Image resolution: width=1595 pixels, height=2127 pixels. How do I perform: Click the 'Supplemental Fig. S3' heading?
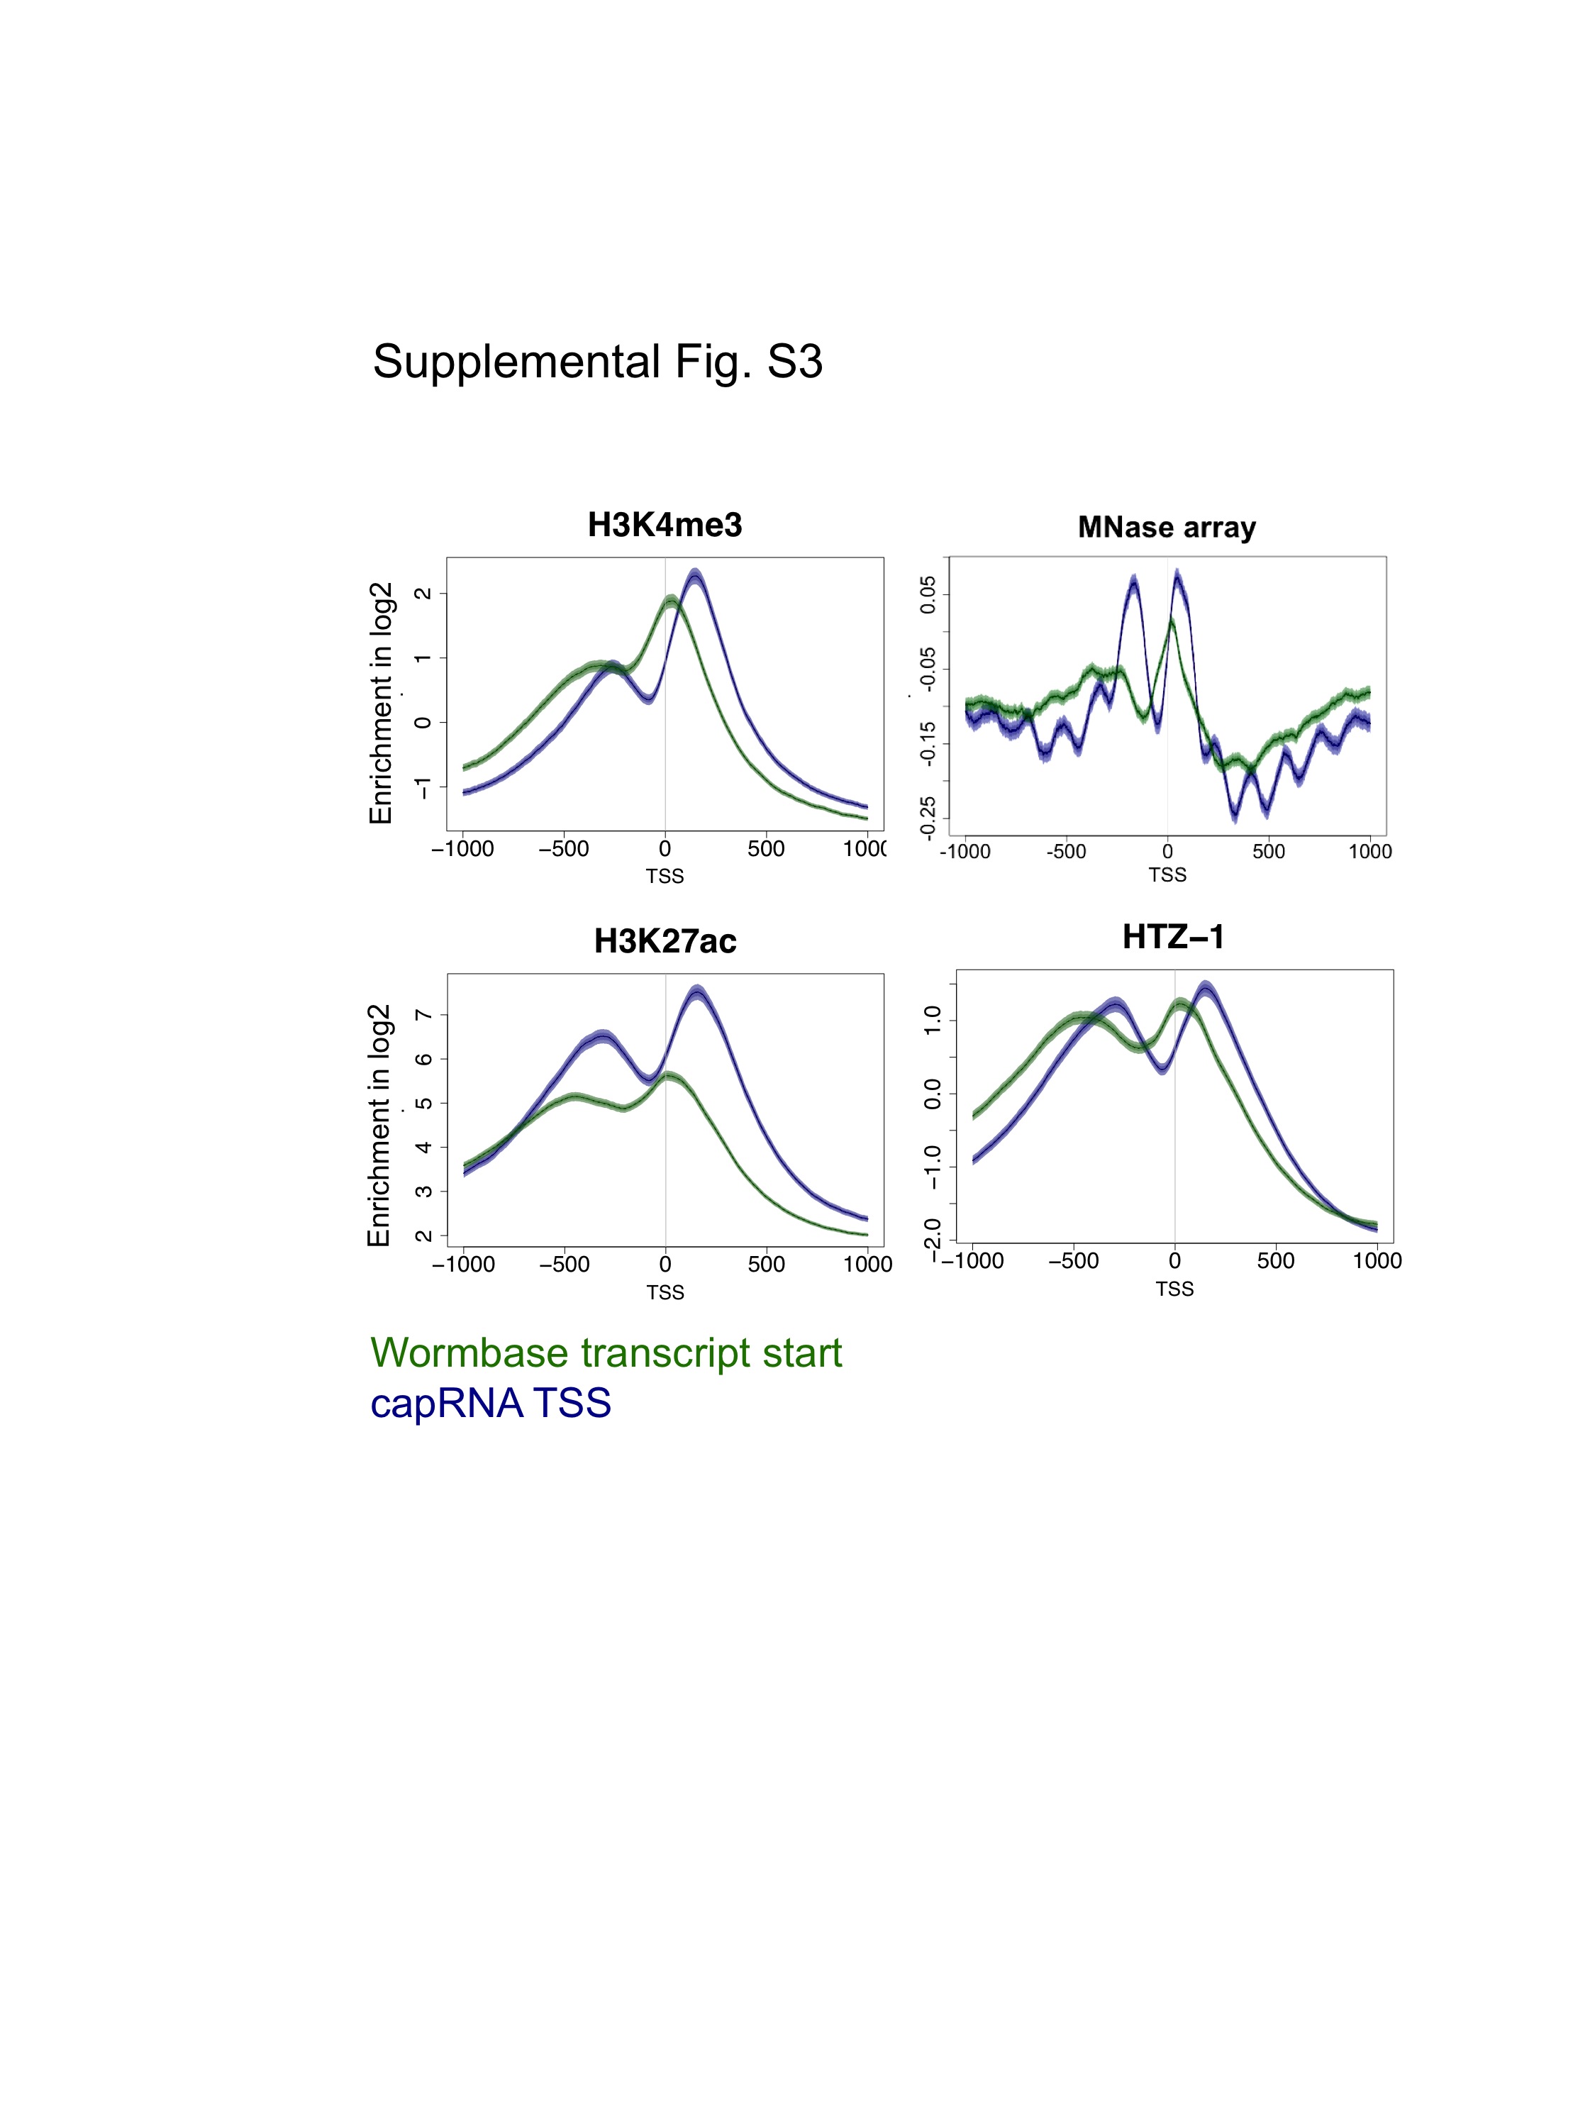pyautogui.click(x=597, y=362)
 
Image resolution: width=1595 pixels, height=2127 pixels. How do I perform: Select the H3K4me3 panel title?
pyautogui.click(x=665, y=525)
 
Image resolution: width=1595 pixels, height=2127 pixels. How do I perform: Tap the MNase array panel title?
pyautogui.click(x=1166, y=527)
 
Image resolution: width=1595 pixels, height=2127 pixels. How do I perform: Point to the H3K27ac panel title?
pyautogui.click(x=665, y=940)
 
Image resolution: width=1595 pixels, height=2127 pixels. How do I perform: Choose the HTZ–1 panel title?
pyautogui.click(x=1173, y=937)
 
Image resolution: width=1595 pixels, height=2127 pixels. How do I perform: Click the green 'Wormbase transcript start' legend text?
pyautogui.click(x=606, y=1353)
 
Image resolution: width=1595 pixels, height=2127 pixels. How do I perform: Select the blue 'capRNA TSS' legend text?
pyautogui.click(x=490, y=1403)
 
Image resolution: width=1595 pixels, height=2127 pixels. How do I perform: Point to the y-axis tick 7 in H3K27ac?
pyautogui.click(x=422, y=1014)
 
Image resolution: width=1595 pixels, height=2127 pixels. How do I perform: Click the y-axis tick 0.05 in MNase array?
pyautogui.click(x=928, y=594)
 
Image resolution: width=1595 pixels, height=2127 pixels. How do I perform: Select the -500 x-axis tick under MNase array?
pyautogui.click(x=1065, y=851)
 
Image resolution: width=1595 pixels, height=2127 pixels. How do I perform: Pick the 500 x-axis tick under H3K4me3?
pyautogui.click(x=765, y=849)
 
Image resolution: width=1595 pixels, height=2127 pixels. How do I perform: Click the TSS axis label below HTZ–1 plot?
pyautogui.click(x=1174, y=1289)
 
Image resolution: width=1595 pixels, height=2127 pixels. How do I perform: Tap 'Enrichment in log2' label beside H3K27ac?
pyautogui.click(x=379, y=1125)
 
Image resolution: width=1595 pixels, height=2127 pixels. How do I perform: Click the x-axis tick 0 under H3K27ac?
pyautogui.click(x=665, y=1264)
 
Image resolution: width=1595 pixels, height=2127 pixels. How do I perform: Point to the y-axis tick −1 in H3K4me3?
pyautogui.click(x=422, y=787)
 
